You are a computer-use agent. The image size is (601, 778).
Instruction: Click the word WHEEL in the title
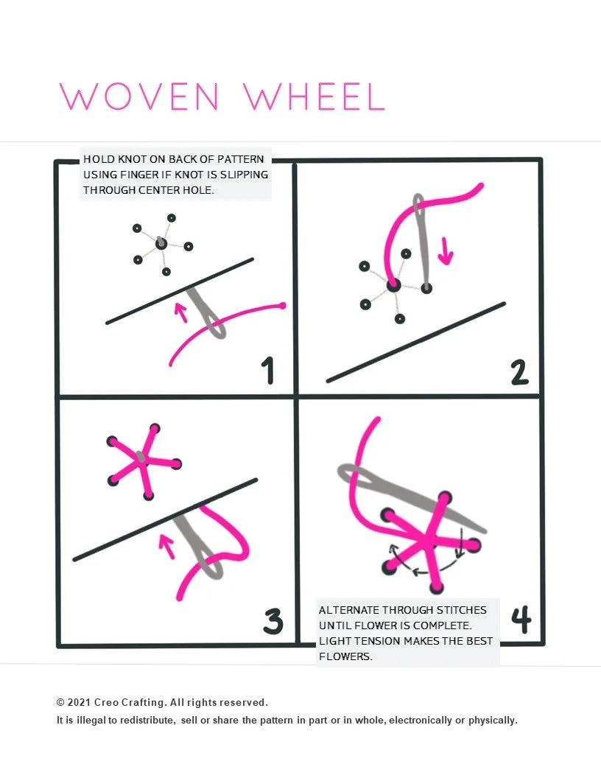coord(314,97)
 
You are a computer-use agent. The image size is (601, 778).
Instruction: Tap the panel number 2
coord(519,371)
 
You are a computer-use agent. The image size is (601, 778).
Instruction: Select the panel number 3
coord(273,622)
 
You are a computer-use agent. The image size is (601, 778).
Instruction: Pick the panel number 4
coord(521,621)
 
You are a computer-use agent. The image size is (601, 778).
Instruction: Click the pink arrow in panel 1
coord(179,312)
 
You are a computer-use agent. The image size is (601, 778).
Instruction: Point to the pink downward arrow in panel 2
coord(446,250)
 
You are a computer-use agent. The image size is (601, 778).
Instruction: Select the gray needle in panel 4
coord(412,497)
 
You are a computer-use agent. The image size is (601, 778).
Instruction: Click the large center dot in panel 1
coord(161,244)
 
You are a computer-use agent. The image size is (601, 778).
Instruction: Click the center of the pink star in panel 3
coord(140,461)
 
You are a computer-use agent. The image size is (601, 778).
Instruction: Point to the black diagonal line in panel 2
coord(416,342)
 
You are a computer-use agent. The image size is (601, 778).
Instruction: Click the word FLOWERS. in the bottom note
coord(345,656)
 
